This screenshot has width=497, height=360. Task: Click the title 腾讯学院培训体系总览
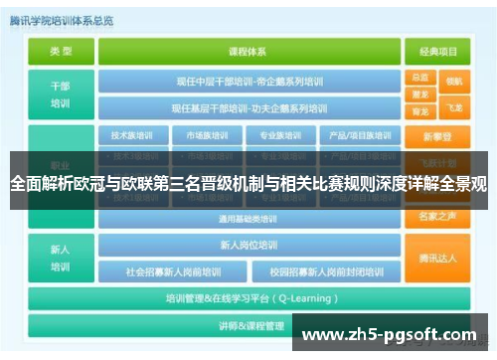(x=61, y=20)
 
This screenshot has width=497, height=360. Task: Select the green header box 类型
(x=61, y=51)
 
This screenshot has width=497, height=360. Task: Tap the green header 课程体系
(x=249, y=51)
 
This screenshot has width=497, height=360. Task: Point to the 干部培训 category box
(x=61, y=94)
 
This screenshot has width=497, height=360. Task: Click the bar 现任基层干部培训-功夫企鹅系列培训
(x=249, y=107)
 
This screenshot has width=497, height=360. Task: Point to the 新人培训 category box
(x=61, y=256)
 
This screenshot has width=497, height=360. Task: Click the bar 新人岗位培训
(x=249, y=244)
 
